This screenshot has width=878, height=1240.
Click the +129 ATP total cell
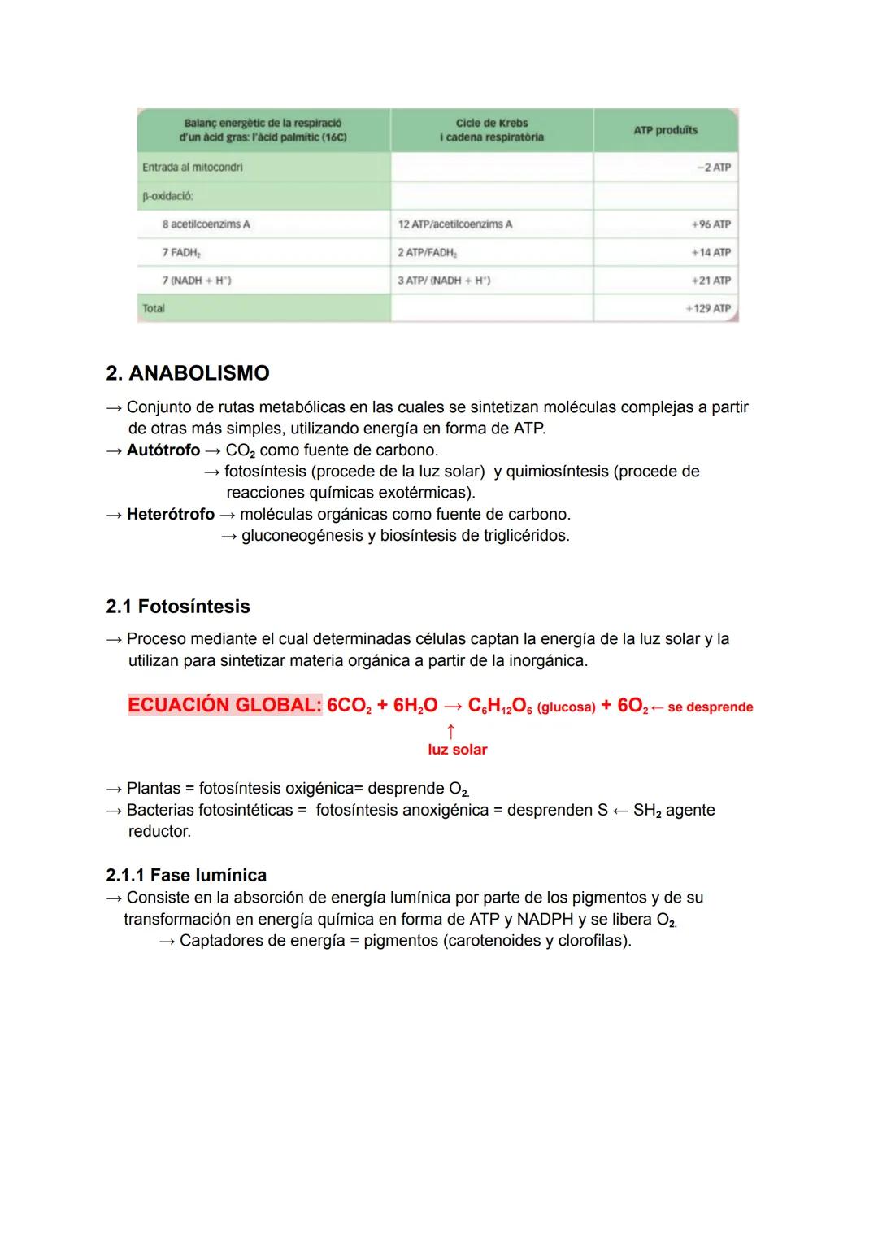click(x=707, y=308)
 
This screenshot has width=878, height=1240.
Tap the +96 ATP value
click(x=711, y=224)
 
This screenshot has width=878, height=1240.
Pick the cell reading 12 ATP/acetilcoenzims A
click(x=455, y=224)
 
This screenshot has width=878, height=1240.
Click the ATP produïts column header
click(x=665, y=130)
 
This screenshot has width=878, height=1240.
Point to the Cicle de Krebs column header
click(x=491, y=130)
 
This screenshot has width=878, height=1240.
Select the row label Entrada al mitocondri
click(x=192, y=167)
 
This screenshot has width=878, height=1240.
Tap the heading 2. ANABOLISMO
click(x=188, y=373)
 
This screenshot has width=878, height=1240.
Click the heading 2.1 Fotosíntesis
click(x=178, y=607)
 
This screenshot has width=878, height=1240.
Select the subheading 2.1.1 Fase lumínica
click(x=186, y=875)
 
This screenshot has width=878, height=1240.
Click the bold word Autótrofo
click(x=163, y=450)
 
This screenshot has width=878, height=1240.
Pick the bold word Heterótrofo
click(x=170, y=514)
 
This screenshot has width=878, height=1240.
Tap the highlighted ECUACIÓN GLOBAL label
click(x=224, y=705)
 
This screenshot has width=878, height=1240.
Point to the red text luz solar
click(x=457, y=750)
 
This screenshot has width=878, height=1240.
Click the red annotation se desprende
click(x=710, y=707)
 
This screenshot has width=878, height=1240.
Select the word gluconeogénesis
click(x=308, y=536)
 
